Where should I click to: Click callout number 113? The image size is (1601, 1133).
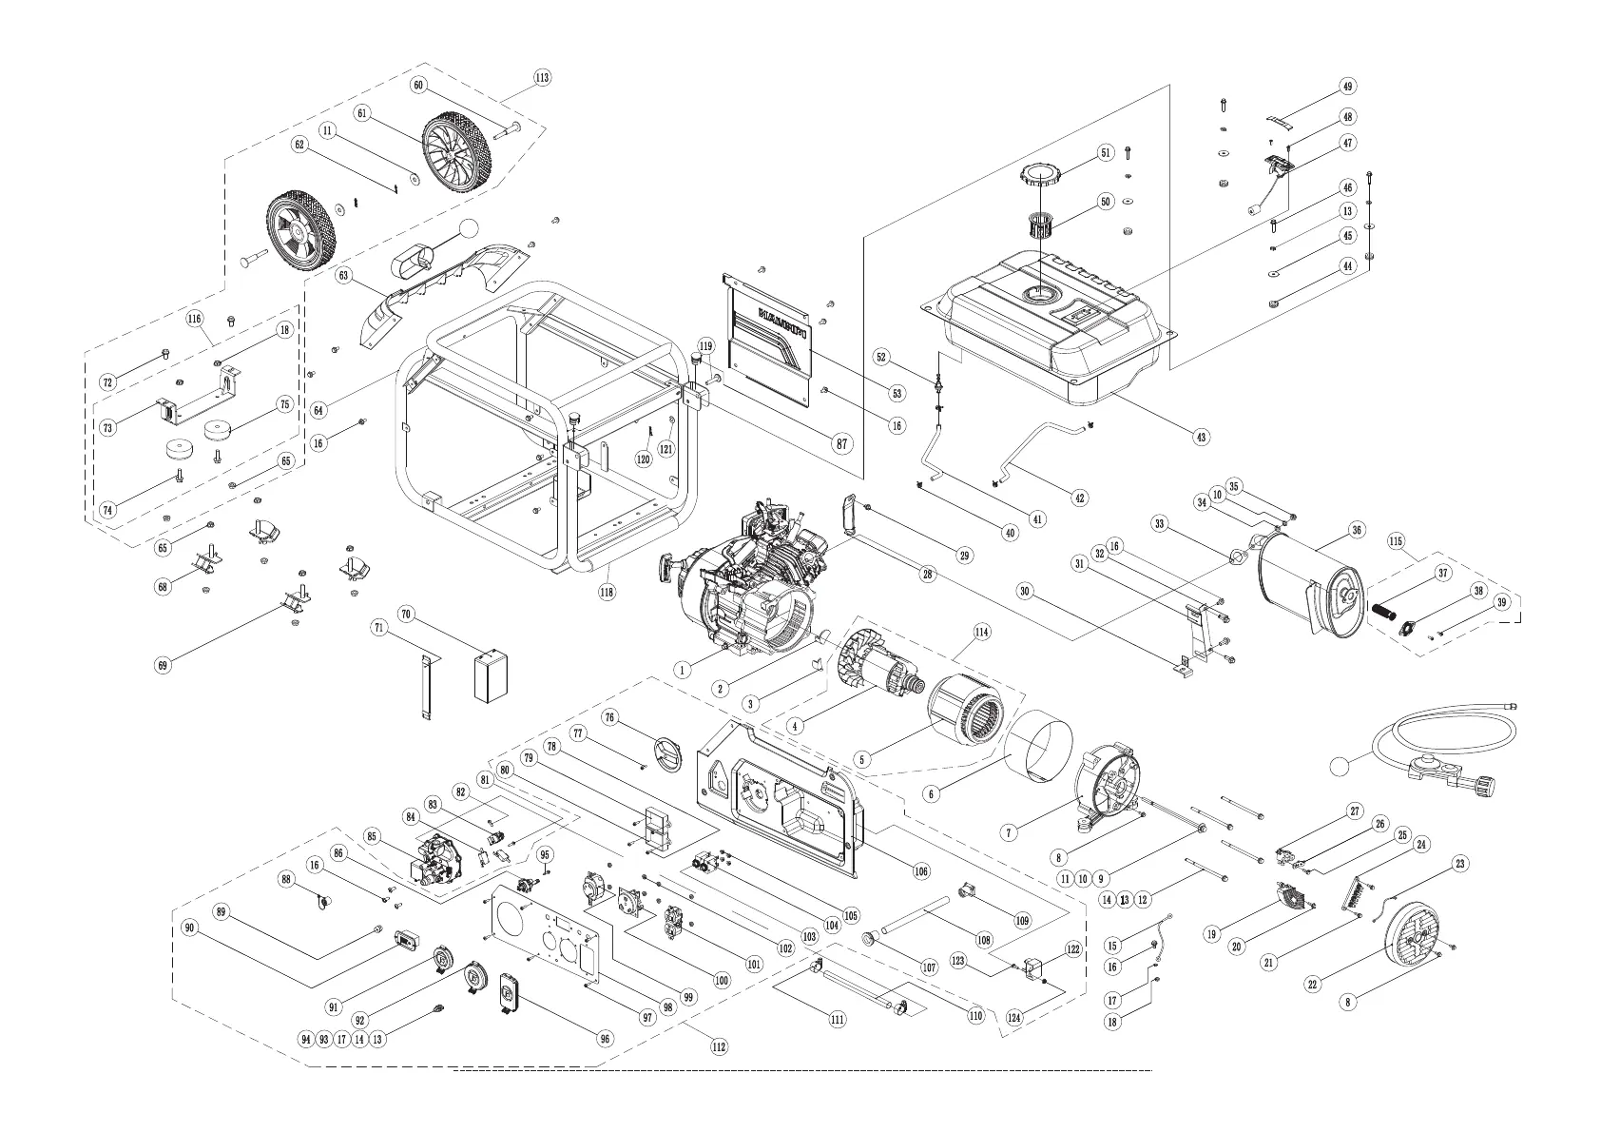(x=542, y=78)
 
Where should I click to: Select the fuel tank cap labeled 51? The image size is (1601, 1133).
(x=1041, y=176)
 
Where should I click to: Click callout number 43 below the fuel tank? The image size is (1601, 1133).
(x=1202, y=437)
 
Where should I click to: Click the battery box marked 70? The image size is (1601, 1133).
(x=490, y=676)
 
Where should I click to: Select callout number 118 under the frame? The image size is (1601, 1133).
(x=607, y=592)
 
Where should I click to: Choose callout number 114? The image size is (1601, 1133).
(x=981, y=632)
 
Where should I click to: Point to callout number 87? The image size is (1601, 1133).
(x=841, y=443)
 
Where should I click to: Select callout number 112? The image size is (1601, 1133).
(x=719, y=1046)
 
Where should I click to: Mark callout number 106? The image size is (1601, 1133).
(x=920, y=870)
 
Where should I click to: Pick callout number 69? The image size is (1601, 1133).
(x=164, y=665)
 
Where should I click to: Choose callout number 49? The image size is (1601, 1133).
(x=1347, y=87)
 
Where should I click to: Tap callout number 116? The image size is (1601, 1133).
(x=195, y=319)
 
